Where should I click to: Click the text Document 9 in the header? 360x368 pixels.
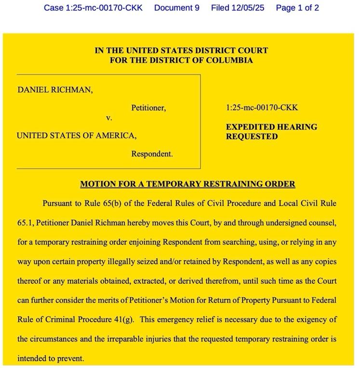tap(176, 8)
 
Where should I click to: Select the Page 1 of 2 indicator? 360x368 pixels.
tap(297, 8)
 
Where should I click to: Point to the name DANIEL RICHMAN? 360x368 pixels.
tap(55, 90)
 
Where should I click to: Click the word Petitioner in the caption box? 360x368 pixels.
tap(148, 108)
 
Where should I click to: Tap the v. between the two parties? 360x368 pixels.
tap(109, 118)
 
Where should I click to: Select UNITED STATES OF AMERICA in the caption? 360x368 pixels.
tap(76, 136)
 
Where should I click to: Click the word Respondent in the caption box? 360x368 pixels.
tap(151, 155)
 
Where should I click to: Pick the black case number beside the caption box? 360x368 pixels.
tap(262, 108)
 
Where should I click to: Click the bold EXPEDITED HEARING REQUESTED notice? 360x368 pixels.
tap(271, 131)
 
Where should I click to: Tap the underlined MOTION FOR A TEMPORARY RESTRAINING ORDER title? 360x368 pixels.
tap(187, 184)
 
